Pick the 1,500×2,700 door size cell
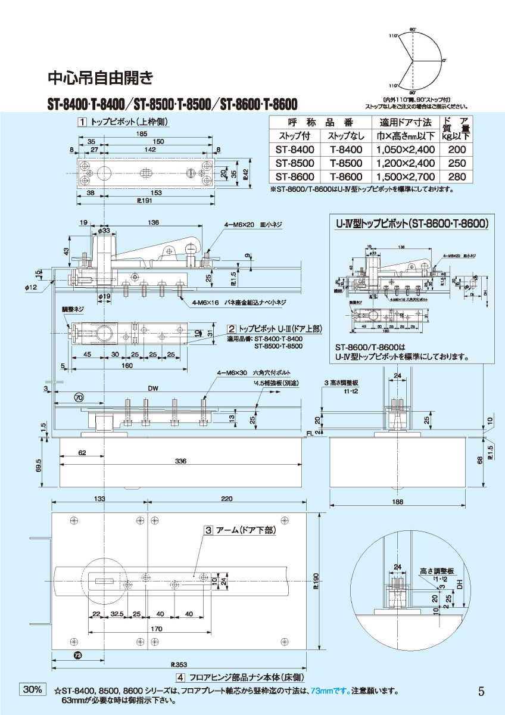click(x=404, y=176)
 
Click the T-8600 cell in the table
click(x=345, y=176)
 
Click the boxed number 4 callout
click(x=180, y=677)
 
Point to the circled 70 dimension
click(x=79, y=397)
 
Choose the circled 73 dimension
click(x=79, y=655)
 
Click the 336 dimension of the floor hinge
click(x=180, y=461)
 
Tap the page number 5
click(x=481, y=691)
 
